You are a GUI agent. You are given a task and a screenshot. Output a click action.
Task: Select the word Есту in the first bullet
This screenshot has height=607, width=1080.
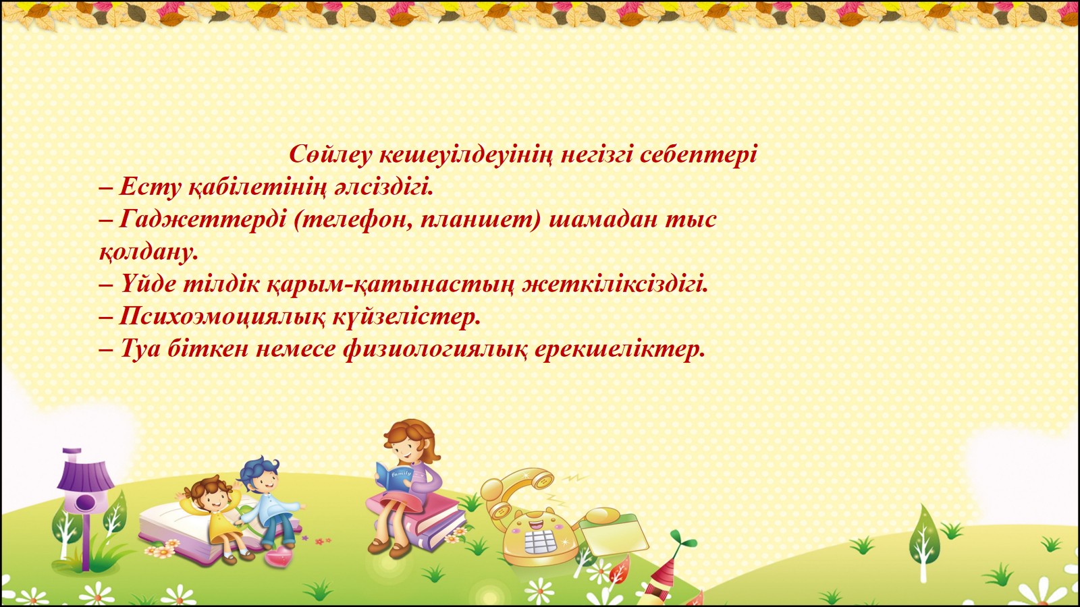[x=149, y=187]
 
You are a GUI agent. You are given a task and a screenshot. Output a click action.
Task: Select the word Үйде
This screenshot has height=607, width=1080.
[x=148, y=285]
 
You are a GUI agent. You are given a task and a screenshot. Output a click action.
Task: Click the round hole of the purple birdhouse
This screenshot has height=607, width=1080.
[x=85, y=502]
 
